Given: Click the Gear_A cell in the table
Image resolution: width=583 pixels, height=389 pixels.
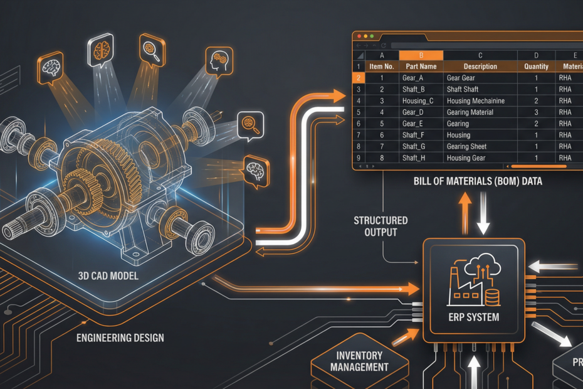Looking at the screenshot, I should (413, 78).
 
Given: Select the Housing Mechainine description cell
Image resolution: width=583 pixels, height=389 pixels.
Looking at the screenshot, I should (475, 101).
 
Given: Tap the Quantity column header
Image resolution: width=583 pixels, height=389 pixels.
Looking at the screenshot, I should (536, 67).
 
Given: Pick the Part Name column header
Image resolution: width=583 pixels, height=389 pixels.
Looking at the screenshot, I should (421, 67).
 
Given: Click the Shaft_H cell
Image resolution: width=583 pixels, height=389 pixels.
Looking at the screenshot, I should (414, 158).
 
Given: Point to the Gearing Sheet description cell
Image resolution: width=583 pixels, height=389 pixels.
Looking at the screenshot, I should (466, 147).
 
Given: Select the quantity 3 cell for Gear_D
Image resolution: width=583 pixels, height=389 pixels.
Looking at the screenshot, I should (536, 112).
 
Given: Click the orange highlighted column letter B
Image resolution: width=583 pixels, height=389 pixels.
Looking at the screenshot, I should (421, 55).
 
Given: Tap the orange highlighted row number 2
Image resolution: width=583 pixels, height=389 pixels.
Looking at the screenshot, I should (359, 78).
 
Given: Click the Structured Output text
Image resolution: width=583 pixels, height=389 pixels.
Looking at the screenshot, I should (380, 226).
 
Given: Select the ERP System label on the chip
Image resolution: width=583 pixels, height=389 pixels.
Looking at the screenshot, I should (474, 317).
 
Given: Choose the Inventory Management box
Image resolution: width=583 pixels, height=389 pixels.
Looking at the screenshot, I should (359, 361).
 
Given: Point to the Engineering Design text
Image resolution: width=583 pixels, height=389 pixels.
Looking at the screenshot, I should (120, 338).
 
